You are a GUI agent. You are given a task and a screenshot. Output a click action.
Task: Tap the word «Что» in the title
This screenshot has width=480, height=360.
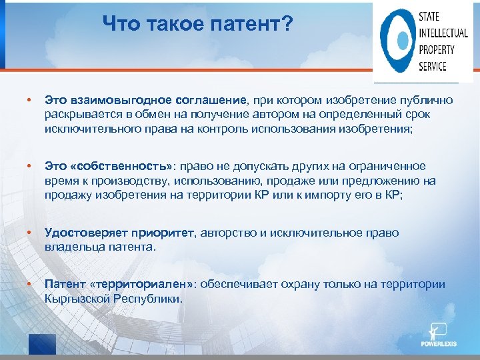coord(120,24)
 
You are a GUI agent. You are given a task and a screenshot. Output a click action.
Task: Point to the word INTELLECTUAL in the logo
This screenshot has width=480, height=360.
coord(443,33)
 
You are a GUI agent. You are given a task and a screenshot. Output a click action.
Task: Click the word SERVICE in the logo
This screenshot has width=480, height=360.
coord(433,66)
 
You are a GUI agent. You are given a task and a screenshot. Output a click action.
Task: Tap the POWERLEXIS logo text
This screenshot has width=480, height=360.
coord(440,344)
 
